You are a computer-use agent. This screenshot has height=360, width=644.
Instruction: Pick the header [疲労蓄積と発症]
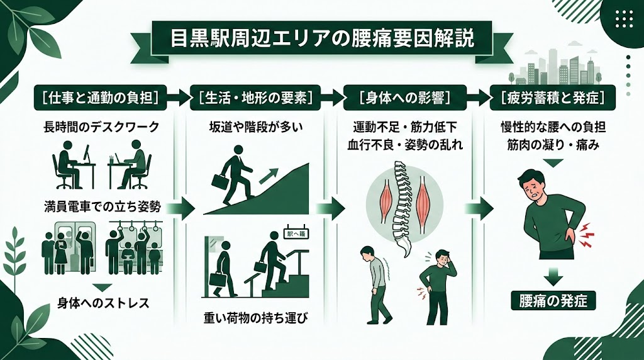pyautogui.click(x=552, y=98)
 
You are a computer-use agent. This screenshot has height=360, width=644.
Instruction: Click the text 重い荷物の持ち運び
pyautogui.click(x=256, y=318)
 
